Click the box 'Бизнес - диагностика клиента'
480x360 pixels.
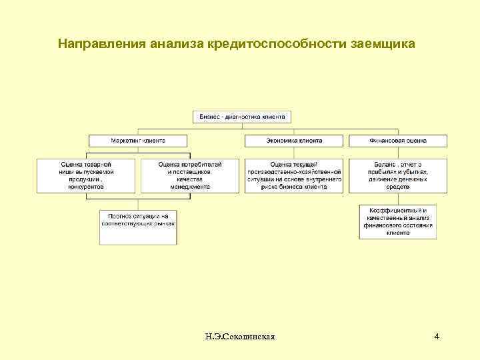(x=242, y=117)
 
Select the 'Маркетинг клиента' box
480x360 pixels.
(x=138, y=141)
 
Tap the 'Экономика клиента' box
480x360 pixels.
(x=294, y=141)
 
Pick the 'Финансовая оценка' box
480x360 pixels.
(x=398, y=141)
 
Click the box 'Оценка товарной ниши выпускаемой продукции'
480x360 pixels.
(x=86, y=175)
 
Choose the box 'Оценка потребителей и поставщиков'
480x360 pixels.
(x=189, y=175)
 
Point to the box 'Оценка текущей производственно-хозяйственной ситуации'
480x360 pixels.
(x=294, y=175)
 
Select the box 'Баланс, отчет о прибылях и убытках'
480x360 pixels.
(x=398, y=175)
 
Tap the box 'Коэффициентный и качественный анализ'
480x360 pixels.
(x=398, y=221)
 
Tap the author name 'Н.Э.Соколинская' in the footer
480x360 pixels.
(x=241, y=337)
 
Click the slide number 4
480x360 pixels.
(x=437, y=337)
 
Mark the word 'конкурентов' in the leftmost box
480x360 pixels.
(x=86, y=187)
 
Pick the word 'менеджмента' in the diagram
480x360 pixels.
(x=189, y=187)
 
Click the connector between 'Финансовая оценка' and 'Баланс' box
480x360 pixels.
(x=398, y=153)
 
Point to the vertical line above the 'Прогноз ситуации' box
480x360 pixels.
(x=138, y=201)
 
